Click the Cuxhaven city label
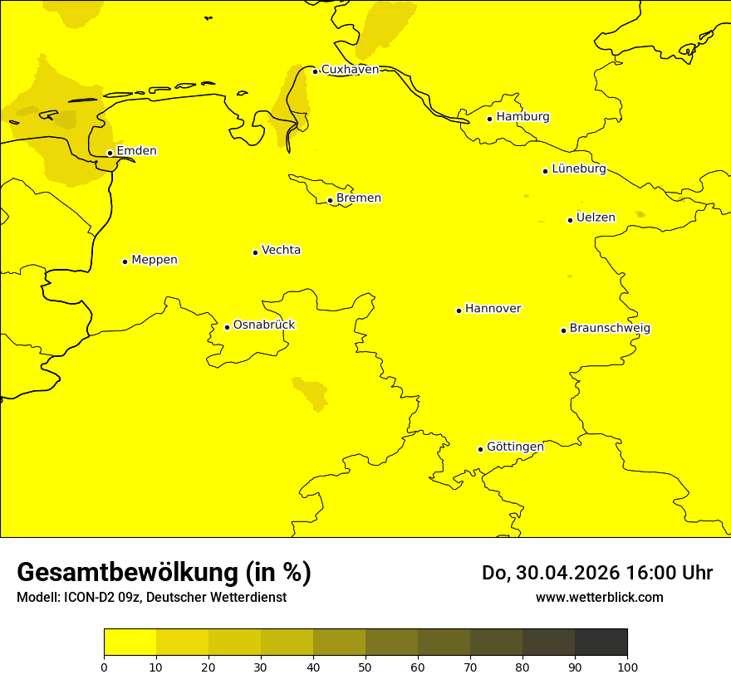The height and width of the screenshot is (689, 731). tap(350, 70)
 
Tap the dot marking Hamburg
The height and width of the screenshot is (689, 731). tap(490, 119)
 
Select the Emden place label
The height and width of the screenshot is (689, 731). tap(136, 151)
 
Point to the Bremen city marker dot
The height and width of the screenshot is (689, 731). tap(330, 200)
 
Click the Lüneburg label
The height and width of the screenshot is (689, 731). tap(579, 169)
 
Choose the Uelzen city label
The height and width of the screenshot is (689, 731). tap(596, 218)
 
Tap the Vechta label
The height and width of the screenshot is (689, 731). tap(281, 250)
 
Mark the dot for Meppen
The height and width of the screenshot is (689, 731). tap(125, 261)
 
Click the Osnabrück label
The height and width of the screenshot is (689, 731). tap(264, 325)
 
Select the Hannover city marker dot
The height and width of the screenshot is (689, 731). tap(459, 310)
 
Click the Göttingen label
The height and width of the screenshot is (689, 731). tap(515, 447)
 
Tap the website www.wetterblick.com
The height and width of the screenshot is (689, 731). tap(599, 598)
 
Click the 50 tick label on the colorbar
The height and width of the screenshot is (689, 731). tap(365, 667)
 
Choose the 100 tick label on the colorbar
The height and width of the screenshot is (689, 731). tap(627, 667)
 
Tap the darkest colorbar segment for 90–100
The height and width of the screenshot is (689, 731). tap(601, 643)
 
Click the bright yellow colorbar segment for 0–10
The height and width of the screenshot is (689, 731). tap(130, 643)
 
